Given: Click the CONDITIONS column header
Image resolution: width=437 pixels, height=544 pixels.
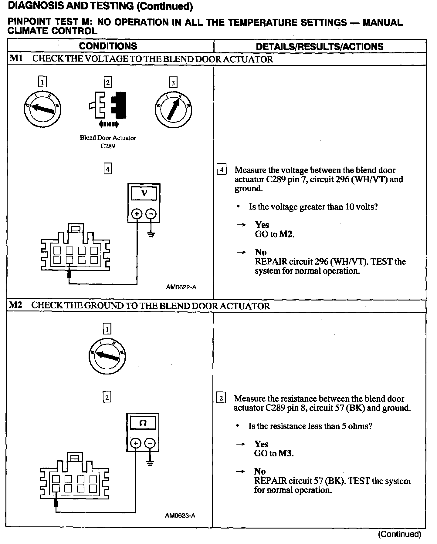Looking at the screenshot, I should [x=108, y=46].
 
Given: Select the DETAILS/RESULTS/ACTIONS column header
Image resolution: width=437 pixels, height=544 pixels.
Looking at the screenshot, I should [x=320, y=46].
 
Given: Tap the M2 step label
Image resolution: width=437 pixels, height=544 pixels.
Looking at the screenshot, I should [x=15, y=305].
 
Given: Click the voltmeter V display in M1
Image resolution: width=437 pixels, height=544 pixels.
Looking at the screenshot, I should [x=144, y=193].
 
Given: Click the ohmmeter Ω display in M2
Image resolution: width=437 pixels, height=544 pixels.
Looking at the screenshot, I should [x=143, y=423].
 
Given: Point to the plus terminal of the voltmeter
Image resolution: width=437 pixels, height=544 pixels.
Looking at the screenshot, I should [x=137, y=214].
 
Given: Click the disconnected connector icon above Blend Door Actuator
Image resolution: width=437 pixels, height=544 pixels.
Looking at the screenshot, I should [x=108, y=107].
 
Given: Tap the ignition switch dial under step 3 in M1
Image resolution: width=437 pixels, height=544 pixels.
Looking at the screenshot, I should [x=173, y=109].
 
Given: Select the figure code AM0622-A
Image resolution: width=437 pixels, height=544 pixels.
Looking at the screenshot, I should [x=181, y=287].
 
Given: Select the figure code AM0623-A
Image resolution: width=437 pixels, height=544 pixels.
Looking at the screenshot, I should [x=180, y=515].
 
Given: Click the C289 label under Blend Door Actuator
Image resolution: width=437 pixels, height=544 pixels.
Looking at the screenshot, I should [x=108, y=146].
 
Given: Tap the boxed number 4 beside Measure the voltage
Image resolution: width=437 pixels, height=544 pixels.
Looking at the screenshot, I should [x=222, y=170].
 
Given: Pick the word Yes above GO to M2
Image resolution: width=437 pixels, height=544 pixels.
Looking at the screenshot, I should [x=262, y=225].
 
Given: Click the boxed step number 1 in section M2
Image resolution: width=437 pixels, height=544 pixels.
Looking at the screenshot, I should [x=107, y=329].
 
